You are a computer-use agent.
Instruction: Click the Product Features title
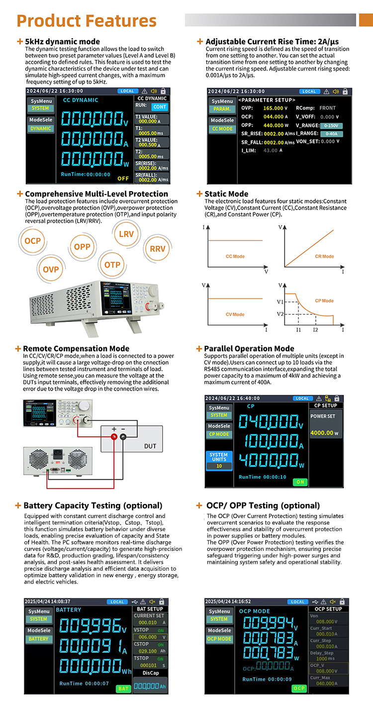pyautogui.click(x=87, y=21)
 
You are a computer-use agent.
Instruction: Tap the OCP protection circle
pyautogui.click(x=33, y=241)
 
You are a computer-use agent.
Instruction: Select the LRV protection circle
pyautogui.click(x=126, y=234)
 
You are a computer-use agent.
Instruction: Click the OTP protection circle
pyautogui.click(x=112, y=265)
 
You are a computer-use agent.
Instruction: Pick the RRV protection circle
pyautogui.click(x=158, y=249)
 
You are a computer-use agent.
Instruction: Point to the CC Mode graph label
pyautogui.click(x=235, y=257)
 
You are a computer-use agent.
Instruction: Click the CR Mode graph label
pyautogui.click(x=324, y=257)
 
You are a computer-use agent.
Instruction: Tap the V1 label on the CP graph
pyautogui.click(x=280, y=302)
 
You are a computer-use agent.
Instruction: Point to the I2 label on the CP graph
pyautogui.click(x=315, y=330)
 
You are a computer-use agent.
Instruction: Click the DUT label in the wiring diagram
pyautogui.click(x=150, y=446)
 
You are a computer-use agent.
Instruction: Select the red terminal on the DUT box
pyautogui.click(x=114, y=437)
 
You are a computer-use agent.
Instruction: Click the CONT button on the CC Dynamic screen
pyautogui.click(x=160, y=107)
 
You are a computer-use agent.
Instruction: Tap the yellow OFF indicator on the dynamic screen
pyautogui.click(x=123, y=178)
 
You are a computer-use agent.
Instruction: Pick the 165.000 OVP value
pyautogui.click(x=273, y=108)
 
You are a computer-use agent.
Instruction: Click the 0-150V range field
pyautogui.click(x=331, y=126)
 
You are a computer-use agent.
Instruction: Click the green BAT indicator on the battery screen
pyautogui.click(x=123, y=689)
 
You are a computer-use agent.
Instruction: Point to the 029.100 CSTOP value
pyautogui.click(x=148, y=651)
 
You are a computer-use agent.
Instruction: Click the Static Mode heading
pyautogui.click(x=226, y=194)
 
